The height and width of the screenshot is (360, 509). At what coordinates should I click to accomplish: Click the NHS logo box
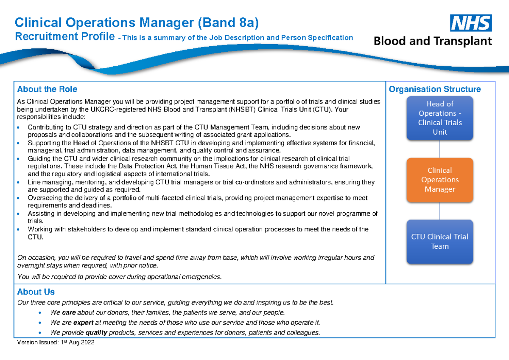(x=471, y=23)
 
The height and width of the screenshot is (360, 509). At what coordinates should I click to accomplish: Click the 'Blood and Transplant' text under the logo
(x=433, y=41)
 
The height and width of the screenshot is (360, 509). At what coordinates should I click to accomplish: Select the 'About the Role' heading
(x=47, y=89)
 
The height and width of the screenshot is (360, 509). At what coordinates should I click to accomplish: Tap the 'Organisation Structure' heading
(x=435, y=89)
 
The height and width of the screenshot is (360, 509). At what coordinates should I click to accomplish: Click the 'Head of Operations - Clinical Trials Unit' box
(x=439, y=118)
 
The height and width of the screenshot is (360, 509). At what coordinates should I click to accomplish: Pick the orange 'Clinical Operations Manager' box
(x=439, y=180)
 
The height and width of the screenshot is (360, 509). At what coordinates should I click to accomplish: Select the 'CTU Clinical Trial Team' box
(x=439, y=242)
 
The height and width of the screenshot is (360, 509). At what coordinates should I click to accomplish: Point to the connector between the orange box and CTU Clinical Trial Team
(x=439, y=211)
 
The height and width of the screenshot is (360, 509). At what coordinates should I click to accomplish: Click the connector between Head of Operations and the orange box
(x=439, y=149)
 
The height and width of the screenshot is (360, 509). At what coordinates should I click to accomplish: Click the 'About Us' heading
(x=36, y=292)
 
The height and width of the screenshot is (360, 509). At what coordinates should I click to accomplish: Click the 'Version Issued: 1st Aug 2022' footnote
(x=56, y=343)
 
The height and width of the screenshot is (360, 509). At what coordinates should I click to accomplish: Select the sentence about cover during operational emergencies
(x=119, y=277)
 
